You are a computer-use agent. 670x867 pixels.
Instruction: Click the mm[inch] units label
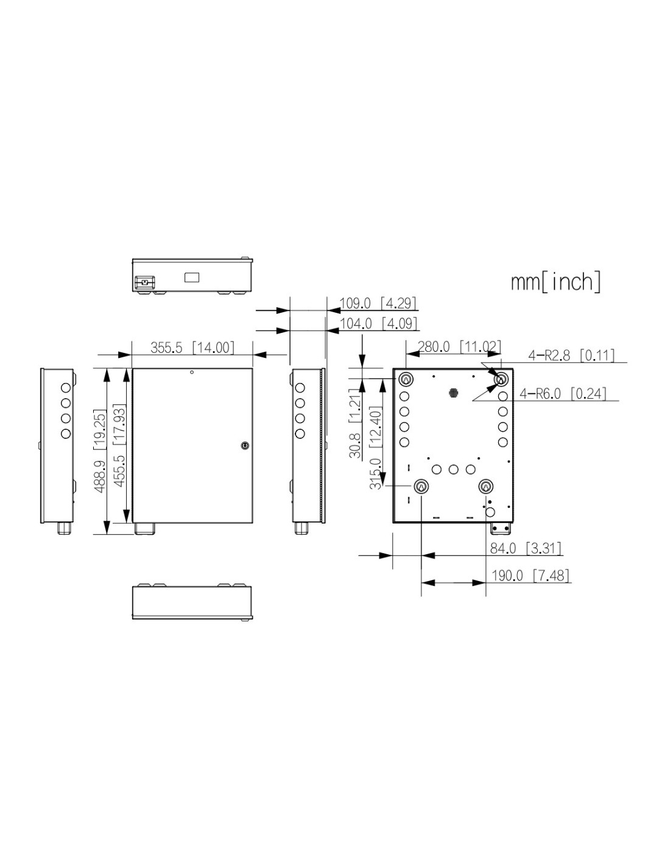(x=555, y=282)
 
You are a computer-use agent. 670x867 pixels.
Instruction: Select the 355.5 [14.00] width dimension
(x=192, y=348)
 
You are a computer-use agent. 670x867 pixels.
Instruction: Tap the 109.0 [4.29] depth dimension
(x=378, y=303)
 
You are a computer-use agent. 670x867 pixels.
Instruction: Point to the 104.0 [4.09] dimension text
(x=378, y=323)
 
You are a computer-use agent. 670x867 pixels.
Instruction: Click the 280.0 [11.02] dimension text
(x=459, y=347)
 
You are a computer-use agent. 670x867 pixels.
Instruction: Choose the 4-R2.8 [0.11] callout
(x=571, y=355)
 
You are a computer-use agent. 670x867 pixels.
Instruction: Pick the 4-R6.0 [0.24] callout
(x=563, y=394)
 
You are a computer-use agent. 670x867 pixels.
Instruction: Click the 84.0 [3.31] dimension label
(x=525, y=548)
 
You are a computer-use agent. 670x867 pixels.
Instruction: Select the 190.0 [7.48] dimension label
(x=530, y=576)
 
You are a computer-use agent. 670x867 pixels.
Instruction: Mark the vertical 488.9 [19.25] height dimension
(x=100, y=451)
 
